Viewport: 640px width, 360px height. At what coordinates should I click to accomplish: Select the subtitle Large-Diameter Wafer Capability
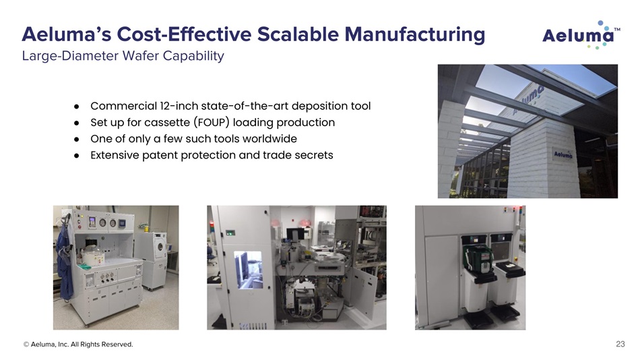point(123,55)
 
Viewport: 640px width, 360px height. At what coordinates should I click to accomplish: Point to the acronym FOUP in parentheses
point(211,123)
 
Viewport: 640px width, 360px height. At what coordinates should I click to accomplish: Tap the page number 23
point(620,344)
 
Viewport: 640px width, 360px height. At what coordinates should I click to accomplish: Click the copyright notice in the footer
point(78,344)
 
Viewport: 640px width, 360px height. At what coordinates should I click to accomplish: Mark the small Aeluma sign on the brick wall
point(563,154)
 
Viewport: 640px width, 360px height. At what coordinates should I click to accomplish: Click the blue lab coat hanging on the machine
point(64,262)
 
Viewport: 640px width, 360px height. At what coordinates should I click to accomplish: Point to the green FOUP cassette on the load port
point(478,258)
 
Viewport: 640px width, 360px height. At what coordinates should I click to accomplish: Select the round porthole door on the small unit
point(160,246)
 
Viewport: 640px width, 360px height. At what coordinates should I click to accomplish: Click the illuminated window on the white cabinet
point(248,270)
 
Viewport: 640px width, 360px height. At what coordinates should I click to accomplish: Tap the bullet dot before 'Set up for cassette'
point(76,123)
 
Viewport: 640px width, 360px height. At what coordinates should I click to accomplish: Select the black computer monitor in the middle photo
point(295,235)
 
